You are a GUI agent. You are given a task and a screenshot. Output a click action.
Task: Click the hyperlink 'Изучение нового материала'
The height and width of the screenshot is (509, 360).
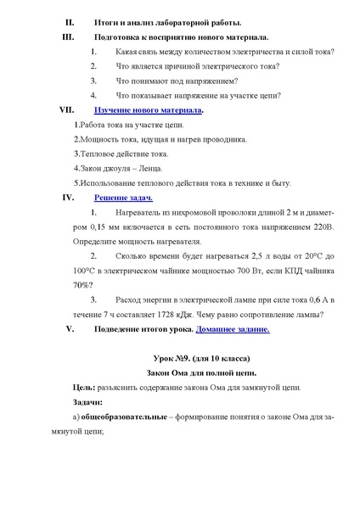pyautogui.click(x=149, y=110)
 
